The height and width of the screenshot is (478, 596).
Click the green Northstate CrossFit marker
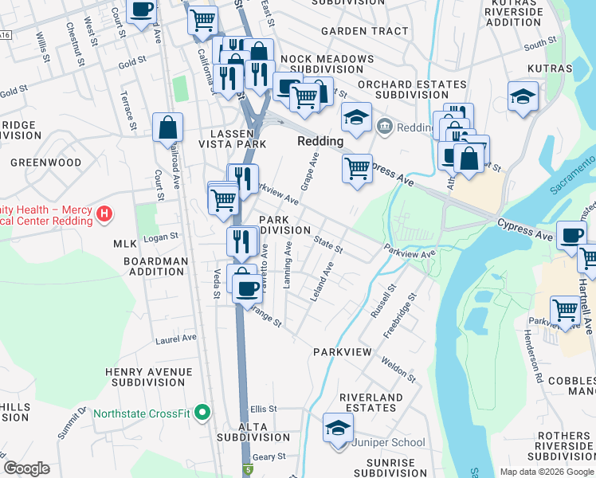point(202,413)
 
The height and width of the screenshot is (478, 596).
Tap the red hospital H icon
point(103,214)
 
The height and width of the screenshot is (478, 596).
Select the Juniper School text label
point(392,442)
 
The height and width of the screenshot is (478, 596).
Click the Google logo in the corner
point(26,468)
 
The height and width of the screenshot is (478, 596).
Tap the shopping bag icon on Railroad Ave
point(167,127)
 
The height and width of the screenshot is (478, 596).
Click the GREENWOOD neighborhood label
point(45,163)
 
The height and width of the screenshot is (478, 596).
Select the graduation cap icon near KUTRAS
point(523,97)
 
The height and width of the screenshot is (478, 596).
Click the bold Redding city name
point(320,141)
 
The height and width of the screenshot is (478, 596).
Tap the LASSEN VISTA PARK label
point(226,139)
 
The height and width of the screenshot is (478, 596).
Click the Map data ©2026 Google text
point(547,472)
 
